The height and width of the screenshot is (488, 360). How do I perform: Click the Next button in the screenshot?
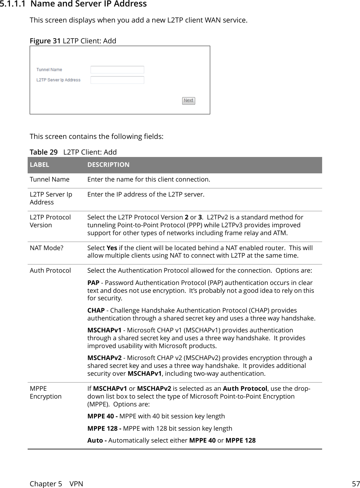(188, 101)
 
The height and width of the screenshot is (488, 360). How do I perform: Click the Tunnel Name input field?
(117, 70)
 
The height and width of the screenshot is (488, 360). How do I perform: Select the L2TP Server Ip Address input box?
(117, 80)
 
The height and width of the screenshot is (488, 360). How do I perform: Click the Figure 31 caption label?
(45, 41)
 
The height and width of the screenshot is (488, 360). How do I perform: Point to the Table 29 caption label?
(43, 152)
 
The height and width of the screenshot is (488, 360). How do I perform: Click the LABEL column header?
(39, 165)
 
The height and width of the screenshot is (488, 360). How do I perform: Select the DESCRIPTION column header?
(108, 165)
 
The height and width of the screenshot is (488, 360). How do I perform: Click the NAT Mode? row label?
(46, 248)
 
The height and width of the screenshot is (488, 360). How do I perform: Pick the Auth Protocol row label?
(50, 271)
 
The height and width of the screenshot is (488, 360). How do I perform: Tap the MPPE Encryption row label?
(45, 392)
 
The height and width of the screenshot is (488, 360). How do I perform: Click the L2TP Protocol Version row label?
(50, 221)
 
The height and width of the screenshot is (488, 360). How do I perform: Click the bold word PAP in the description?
(93, 283)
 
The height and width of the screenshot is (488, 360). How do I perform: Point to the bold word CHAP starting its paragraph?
(96, 311)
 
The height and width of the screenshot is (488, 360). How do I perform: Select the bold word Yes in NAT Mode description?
(112, 248)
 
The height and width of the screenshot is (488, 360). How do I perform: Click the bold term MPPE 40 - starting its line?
(103, 416)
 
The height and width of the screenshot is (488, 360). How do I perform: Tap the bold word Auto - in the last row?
(97, 441)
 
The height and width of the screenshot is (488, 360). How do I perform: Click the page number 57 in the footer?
(356, 484)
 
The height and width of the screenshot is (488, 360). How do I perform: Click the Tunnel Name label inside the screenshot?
(49, 70)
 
